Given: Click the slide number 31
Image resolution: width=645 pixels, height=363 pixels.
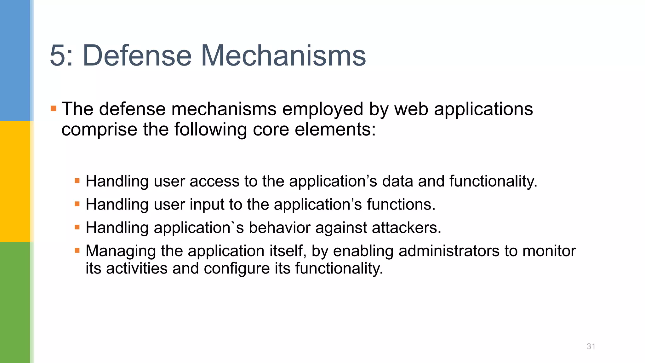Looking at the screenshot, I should [591, 346].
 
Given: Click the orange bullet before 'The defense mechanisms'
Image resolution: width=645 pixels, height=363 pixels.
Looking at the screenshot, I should [54, 109].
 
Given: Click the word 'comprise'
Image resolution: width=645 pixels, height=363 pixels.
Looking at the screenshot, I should [99, 130].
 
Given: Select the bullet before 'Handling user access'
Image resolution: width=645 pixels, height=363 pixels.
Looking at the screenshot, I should [77, 181].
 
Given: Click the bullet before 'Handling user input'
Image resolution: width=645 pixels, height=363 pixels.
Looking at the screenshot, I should [77, 204].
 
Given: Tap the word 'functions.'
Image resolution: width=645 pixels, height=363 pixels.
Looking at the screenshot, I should [401, 205].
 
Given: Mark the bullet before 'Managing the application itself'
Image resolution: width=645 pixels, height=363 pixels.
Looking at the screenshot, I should [77, 251].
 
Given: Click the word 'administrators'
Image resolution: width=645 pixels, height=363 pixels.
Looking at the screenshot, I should [449, 251].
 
